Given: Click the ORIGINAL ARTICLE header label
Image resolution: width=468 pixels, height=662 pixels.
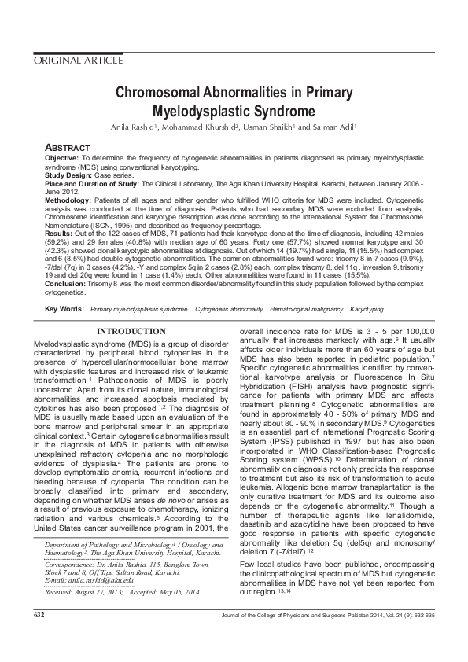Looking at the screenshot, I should point(77,61).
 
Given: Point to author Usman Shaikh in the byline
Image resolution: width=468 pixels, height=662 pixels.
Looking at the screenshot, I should point(277,127).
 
